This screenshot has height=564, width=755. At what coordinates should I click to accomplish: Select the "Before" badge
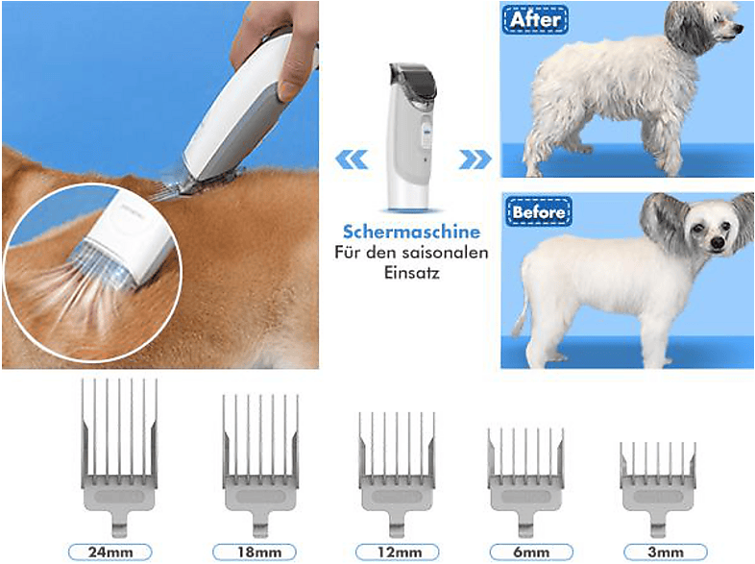coord(539,210)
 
